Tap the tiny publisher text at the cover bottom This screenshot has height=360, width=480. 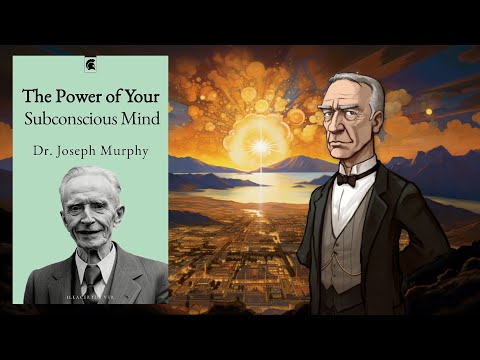89,297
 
